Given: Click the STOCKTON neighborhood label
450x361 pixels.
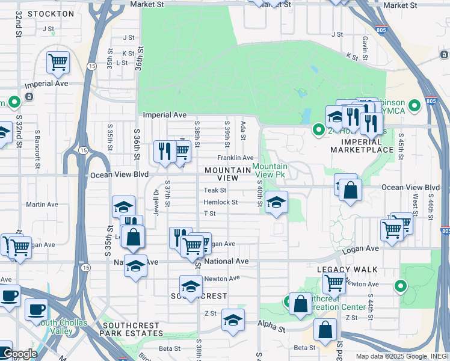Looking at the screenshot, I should click(51, 13).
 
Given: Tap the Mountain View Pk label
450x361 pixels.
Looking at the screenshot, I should click(270, 170).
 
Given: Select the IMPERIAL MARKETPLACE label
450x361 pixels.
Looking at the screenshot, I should click(361, 145).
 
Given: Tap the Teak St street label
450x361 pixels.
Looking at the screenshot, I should click(214, 190).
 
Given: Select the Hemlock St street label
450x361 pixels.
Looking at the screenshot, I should click(220, 202).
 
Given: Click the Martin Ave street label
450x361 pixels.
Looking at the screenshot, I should click(42, 205).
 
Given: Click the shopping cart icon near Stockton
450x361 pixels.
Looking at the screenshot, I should click(58, 61).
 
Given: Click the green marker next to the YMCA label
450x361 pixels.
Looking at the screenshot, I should click(414, 107).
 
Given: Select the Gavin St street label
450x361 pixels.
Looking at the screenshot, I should click(365, 43).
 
